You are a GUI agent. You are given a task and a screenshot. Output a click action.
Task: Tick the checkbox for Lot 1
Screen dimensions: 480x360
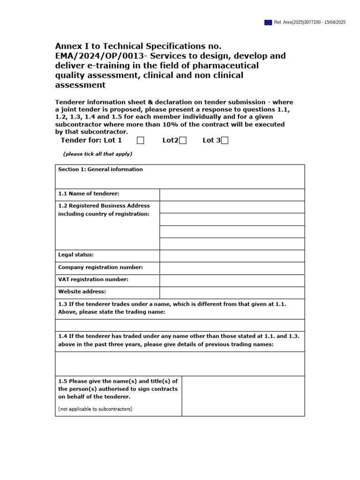[x=141, y=141]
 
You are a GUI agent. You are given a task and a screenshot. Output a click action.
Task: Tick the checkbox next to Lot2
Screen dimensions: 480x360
[x=183, y=141]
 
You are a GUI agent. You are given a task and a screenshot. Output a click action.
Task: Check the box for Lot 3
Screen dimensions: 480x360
[x=225, y=141]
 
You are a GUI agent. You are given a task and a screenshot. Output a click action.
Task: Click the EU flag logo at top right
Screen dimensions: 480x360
[x=268, y=22]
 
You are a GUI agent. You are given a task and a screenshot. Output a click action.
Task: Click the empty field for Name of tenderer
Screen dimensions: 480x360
[x=232, y=195]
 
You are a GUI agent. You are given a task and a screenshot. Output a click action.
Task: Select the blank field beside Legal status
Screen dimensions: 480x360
[x=232, y=256]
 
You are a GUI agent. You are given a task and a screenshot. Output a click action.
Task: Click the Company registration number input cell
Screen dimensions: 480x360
[x=232, y=268]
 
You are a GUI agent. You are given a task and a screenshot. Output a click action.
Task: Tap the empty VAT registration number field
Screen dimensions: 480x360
[x=232, y=280]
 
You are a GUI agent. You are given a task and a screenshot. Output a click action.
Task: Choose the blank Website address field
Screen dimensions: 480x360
[x=232, y=292]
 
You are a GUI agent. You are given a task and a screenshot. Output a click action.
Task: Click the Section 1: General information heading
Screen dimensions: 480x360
[x=100, y=170]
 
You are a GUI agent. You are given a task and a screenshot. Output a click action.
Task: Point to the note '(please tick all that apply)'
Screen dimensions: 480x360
[x=97, y=154]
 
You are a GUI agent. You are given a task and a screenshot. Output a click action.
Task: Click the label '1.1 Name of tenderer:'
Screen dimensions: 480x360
[x=89, y=194]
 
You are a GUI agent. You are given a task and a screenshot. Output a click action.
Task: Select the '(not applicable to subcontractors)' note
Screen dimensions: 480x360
[x=95, y=409]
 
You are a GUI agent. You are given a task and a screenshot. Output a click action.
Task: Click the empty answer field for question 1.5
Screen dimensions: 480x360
[x=243, y=396]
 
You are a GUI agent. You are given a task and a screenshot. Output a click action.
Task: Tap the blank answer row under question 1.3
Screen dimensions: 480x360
[x=180, y=325]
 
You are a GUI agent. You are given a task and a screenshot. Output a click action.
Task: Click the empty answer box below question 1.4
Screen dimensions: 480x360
[x=180, y=364]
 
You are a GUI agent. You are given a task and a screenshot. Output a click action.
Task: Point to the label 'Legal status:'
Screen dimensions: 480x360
[x=76, y=255]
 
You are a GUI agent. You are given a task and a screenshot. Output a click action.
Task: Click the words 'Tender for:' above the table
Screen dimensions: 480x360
[x=81, y=141]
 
